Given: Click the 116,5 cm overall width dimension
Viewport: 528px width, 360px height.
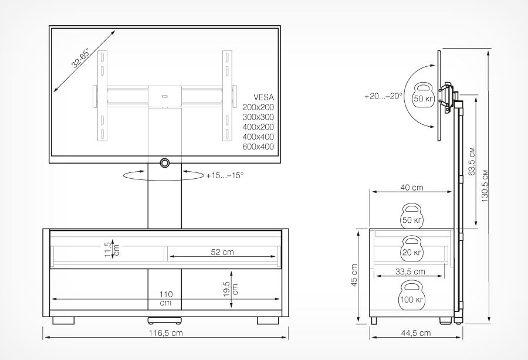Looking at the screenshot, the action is coord(165,333).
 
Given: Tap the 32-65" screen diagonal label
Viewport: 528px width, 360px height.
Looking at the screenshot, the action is coord(80,59).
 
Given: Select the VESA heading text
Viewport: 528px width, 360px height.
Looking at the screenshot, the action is coord(263,97).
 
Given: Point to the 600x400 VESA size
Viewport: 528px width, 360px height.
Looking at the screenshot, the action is coord(258,147).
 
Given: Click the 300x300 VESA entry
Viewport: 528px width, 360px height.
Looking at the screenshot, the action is coord(258,117).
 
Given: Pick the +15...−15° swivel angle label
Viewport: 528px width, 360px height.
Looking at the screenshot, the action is coord(225,176).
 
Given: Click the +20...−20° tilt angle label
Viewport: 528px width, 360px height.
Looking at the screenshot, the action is coord(383,96).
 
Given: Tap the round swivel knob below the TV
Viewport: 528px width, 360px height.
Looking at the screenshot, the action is coord(165,163).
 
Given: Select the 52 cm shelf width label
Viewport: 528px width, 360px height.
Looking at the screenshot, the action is coord(222,252).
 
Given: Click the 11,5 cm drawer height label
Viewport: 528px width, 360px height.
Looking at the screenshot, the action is coord(112,249).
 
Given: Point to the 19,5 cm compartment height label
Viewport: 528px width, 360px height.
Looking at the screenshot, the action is coord(231,289).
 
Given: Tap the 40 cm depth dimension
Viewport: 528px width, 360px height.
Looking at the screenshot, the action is coord(412,188).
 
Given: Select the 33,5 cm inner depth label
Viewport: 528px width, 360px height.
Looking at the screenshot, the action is coord(410,271).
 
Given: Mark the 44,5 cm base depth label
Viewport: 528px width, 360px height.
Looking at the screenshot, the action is coord(416,333).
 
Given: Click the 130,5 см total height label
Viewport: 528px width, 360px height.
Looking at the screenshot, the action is coord(485,186).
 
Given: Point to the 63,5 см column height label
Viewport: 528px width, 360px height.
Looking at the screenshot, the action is coord(472,161).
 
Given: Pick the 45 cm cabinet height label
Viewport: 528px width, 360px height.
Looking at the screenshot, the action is coord(354,275).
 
